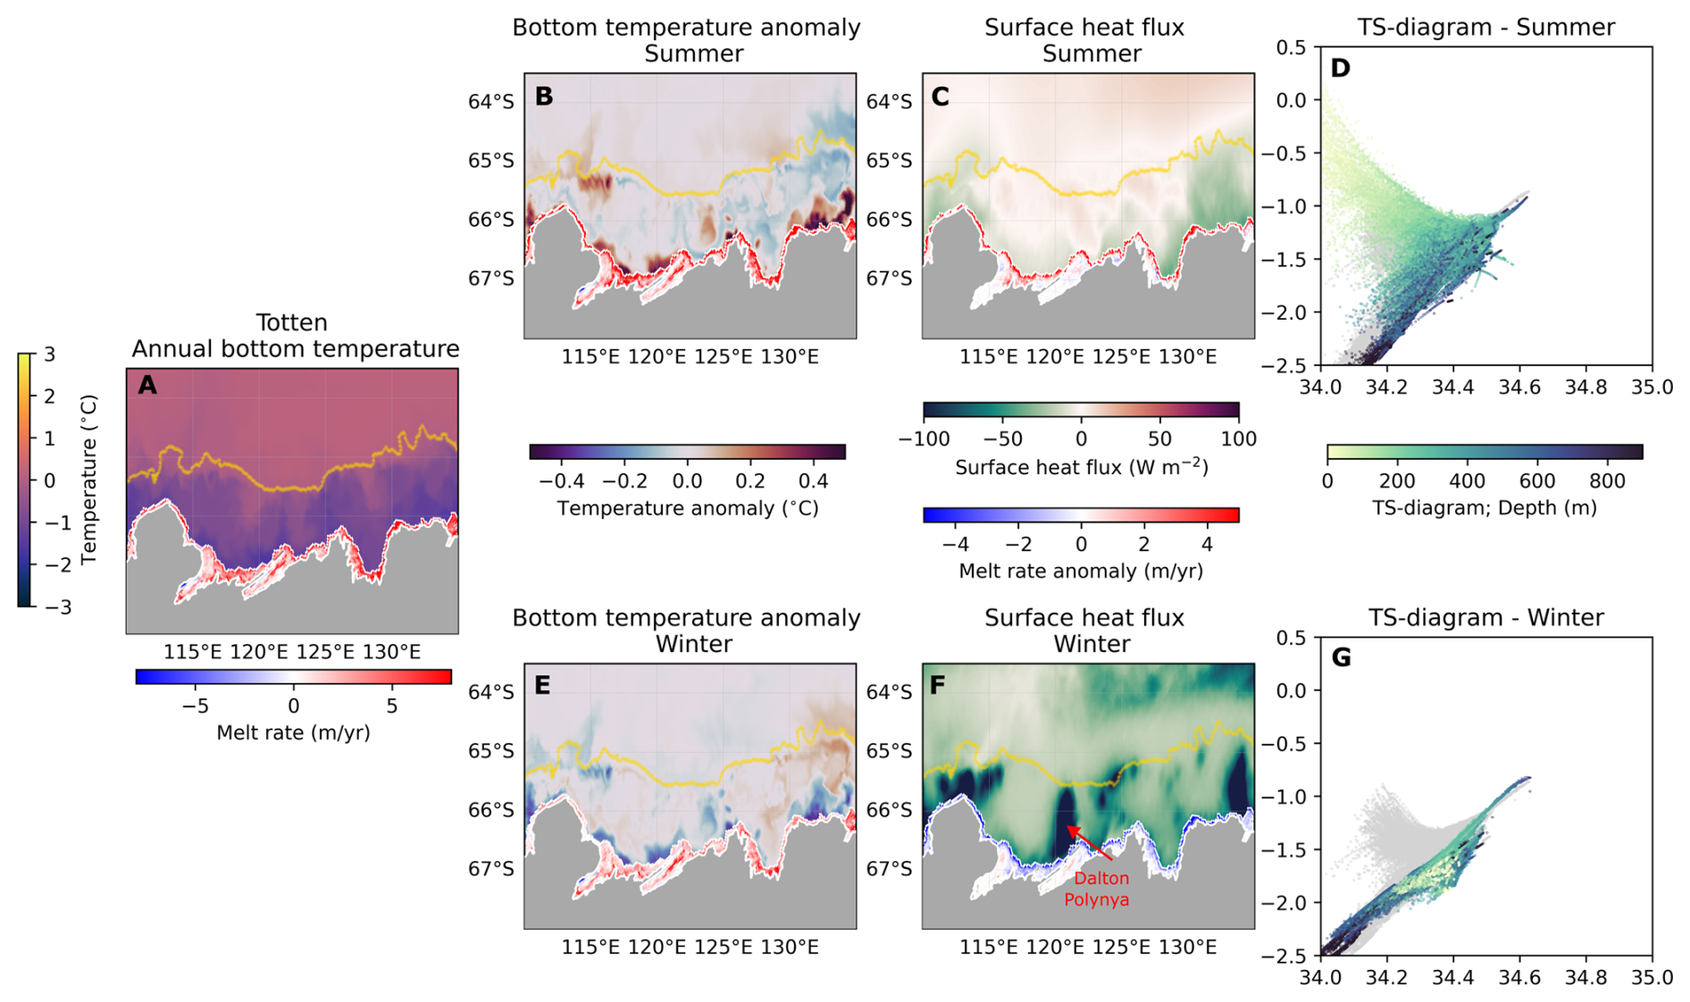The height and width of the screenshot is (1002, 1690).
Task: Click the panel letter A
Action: (x=147, y=386)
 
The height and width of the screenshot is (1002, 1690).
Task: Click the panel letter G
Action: (x=1341, y=658)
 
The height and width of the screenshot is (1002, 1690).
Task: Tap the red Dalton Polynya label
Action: (x=1096, y=889)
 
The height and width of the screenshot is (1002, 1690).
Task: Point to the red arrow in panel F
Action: (x=1089, y=843)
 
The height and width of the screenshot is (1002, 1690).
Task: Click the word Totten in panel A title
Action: (x=291, y=322)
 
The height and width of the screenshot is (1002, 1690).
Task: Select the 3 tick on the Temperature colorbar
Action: (x=49, y=355)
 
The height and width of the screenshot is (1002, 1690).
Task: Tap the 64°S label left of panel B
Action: (x=490, y=102)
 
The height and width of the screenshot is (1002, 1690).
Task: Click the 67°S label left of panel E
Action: (x=490, y=869)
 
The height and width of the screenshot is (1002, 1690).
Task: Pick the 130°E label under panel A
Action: (x=391, y=652)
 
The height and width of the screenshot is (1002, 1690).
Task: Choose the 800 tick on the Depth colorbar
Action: (x=1607, y=481)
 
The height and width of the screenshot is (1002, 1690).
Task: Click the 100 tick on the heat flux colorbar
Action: (x=1238, y=439)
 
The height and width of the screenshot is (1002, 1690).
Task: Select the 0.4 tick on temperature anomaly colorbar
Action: (x=813, y=481)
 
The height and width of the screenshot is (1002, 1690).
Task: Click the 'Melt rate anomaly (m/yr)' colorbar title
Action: (x=1081, y=571)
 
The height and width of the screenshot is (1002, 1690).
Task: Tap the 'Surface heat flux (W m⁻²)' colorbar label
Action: (x=1081, y=467)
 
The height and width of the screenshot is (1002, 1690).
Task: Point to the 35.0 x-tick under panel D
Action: (x=1652, y=388)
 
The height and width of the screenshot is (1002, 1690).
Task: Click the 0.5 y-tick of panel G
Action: (x=1292, y=637)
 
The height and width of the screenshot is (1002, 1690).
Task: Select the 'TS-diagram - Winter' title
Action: (x=1485, y=618)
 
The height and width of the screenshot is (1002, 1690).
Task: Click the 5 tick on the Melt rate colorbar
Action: (x=392, y=706)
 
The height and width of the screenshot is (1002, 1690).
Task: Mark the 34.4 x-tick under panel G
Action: (x=1453, y=978)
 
